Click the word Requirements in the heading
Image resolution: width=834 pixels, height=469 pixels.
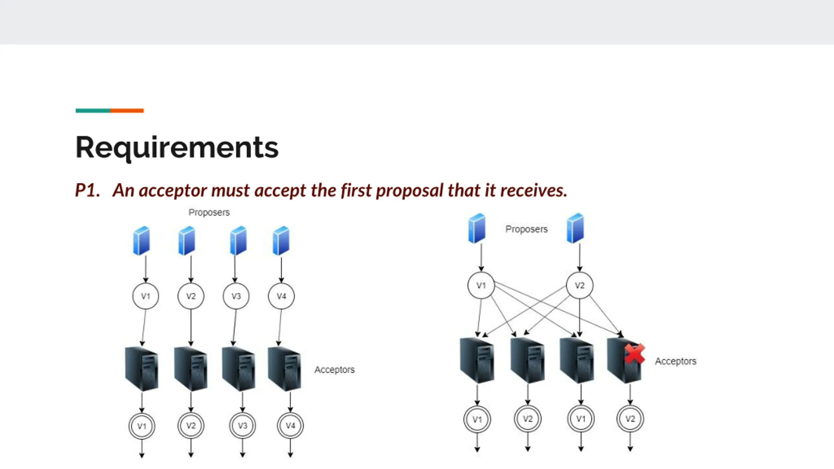point(177,148)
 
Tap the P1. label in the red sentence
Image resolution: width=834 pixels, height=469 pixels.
point(87,190)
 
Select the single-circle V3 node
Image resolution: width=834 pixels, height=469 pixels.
point(236,296)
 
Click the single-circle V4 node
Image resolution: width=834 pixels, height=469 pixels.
point(281,296)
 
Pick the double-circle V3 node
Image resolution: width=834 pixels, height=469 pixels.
point(242,426)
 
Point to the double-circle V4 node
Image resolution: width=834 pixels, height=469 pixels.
point(290,426)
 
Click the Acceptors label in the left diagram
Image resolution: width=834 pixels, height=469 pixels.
point(334,370)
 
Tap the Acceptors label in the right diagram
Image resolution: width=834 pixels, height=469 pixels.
point(676,361)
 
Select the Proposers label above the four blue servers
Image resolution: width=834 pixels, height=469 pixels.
point(209,212)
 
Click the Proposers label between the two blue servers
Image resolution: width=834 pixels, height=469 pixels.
point(526,229)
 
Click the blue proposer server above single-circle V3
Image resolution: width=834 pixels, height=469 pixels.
point(238,241)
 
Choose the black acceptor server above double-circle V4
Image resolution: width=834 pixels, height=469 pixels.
point(284,369)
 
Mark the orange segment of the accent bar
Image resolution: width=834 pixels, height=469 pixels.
point(127,111)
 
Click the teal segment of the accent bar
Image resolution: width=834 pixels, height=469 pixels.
point(93,111)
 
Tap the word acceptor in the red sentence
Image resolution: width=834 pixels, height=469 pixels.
point(173,191)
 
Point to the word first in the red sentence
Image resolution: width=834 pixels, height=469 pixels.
point(356,190)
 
